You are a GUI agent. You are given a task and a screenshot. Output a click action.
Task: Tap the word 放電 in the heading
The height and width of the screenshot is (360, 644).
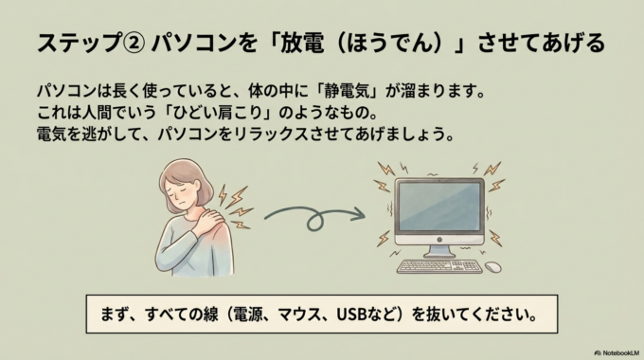click(325, 44)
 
